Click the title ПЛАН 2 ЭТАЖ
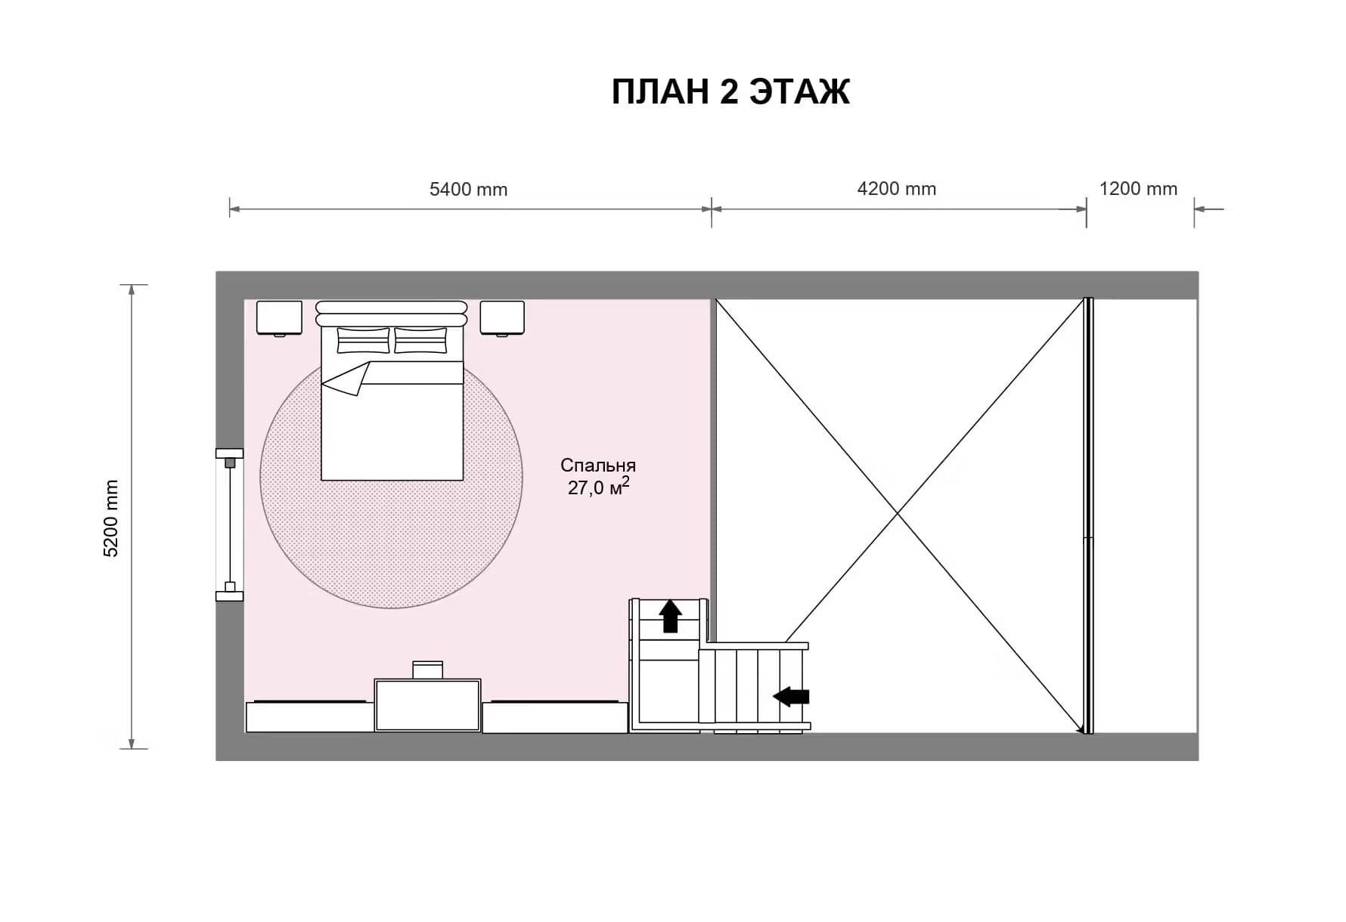pyautogui.click(x=730, y=91)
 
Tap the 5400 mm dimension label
pyautogui.click(x=468, y=189)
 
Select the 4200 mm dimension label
pyautogui.click(x=896, y=189)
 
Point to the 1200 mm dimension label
pyautogui.click(x=1138, y=189)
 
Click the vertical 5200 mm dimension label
pyautogui.click(x=111, y=518)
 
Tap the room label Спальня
pyautogui.click(x=598, y=465)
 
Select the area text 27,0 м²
pyautogui.click(x=598, y=487)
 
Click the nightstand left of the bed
pyautogui.click(x=279, y=318)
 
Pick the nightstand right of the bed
pyautogui.click(x=502, y=318)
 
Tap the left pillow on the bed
pyautogui.click(x=363, y=340)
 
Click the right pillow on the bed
pyautogui.click(x=420, y=340)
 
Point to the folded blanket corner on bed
pyautogui.click(x=346, y=378)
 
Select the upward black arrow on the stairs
pyautogui.click(x=670, y=616)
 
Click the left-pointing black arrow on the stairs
pyautogui.click(x=791, y=696)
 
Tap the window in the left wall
pyautogui.click(x=230, y=524)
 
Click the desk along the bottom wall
pyautogui.click(x=428, y=705)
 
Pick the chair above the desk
pyautogui.click(x=427, y=670)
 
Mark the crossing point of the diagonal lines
pyautogui.click(x=898, y=514)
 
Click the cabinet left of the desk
pyautogui.click(x=310, y=716)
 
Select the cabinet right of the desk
pyautogui.click(x=555, y=716)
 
